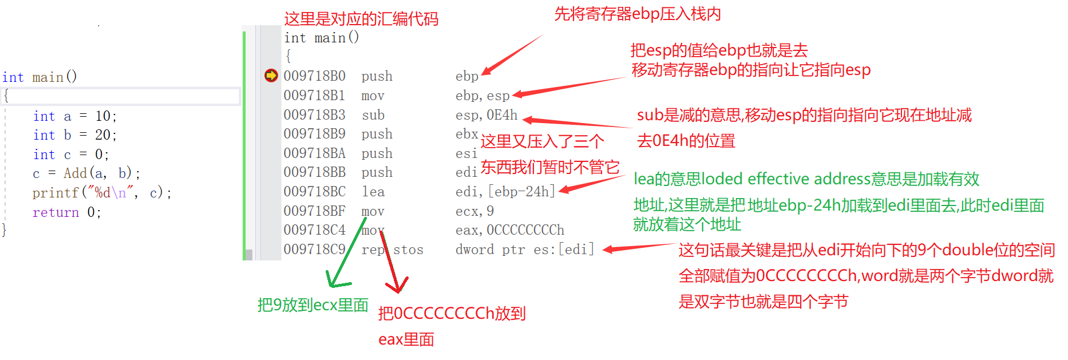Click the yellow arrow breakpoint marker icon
click(271, 76)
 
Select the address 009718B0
click(314, 76)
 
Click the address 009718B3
click(314, 115)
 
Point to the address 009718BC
click(314, 192)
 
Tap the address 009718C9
click(314, 250)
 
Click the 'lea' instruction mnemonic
click(373, 192)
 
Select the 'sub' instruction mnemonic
click(373, 115)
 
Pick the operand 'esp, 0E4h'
click(486, 115)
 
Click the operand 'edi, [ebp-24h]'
click(505, 192)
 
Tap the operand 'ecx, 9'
click(474, 211)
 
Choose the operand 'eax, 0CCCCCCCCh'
click(510, 230)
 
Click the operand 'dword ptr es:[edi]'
click(525, 250)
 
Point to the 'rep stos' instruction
click(393, 250)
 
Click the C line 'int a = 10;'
click(75, 116)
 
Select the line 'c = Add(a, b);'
click(86, 173)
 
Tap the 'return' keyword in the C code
click(56, 212)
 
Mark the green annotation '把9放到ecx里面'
click(313, 305)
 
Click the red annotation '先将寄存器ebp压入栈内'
click(638, 14)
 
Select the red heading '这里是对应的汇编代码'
click(361, 19)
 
